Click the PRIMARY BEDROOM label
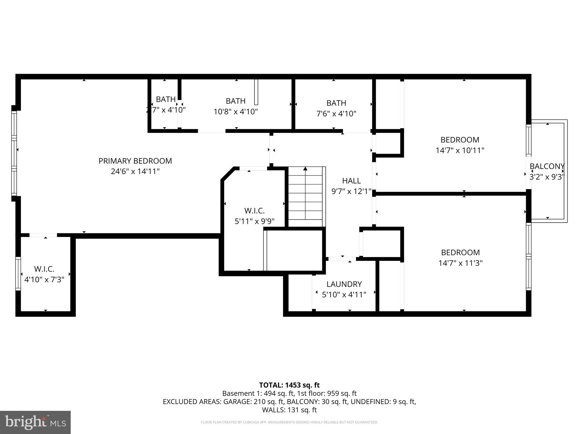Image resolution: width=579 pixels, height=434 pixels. (x=135, y=161)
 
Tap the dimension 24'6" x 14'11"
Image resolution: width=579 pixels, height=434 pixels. (x=135, y=172)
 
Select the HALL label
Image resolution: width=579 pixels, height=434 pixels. (x=351, y=181)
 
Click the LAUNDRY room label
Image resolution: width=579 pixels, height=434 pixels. (x=344, y=284)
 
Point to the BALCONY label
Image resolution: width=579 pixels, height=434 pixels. (x=547, y=166)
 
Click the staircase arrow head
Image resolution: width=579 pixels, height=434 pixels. (x=305, y=169)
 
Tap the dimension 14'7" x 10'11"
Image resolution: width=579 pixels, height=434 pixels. (x=460, y=150)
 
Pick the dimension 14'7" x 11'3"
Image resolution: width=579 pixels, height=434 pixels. (x=460, y=263)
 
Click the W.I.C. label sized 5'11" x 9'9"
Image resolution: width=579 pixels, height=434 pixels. (x=254, y=211)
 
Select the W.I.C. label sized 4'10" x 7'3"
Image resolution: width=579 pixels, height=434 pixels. (x=44, y=269)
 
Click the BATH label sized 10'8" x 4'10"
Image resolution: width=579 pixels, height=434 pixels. (x=236, y=101)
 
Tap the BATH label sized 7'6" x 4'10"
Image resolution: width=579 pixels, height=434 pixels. (x=336, y=103)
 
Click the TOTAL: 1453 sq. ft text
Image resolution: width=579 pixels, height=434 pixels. (x=289, y=385)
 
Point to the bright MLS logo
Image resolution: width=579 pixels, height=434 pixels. (x=35, y=422)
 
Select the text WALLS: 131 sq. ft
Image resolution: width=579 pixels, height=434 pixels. (x=289, y=410)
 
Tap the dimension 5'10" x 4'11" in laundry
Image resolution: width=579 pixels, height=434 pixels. (x=344, y=295)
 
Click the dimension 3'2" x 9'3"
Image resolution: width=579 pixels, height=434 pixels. (x=547, y=177)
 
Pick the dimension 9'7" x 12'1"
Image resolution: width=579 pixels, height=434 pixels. (x=351, y=192)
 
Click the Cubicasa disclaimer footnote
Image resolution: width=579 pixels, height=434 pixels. (x=289, y=422)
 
